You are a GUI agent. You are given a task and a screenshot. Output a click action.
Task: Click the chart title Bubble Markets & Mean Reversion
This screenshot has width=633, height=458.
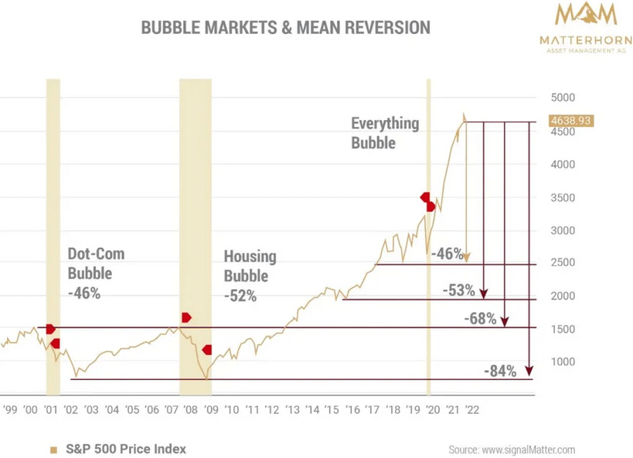[285, 28]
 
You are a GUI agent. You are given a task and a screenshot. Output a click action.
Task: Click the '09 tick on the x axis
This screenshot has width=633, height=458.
[210, 411]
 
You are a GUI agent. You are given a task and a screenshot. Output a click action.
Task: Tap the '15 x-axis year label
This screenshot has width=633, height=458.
[330, 411]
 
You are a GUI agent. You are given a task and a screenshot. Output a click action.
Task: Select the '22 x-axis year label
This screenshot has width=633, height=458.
[471, 411]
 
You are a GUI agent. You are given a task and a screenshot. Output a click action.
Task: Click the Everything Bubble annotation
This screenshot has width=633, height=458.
[384, 132]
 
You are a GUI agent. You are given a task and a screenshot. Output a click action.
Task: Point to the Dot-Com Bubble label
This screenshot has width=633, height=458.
[96, 263]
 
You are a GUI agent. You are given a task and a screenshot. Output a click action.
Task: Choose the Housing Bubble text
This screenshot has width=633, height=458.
[250, 265]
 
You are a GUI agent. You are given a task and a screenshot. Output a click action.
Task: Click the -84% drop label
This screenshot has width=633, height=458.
[500, 371]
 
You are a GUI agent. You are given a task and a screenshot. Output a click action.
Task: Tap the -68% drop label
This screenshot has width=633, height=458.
[480, 318]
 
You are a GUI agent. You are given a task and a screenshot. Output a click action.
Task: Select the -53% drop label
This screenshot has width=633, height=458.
[459, 290]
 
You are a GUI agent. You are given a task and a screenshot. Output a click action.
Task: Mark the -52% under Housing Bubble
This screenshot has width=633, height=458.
[240, 296]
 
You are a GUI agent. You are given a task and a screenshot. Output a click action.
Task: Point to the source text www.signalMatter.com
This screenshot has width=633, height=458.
[511, 449]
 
